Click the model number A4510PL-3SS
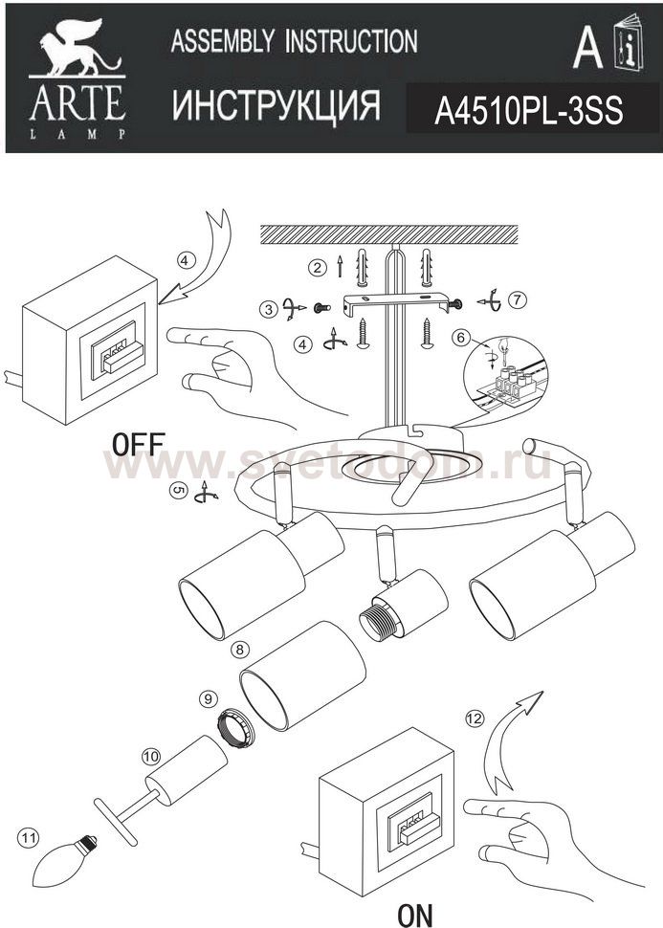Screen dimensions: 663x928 (x=529, y=110)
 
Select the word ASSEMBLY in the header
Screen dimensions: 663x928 (x=223, y=41)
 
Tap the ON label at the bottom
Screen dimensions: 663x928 (x=415, y=915)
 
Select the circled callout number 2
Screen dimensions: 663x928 (x=318, y=268)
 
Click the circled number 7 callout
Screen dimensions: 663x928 (x=517, y=299)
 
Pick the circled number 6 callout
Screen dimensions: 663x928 (x=460, y=338)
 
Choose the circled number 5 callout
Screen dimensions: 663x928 (x=178, y=491)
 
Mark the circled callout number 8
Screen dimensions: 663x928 (x=239, y=650)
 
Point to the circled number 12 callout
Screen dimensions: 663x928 (x=475, y=718)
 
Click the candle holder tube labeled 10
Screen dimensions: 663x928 (x=188, y=770)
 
